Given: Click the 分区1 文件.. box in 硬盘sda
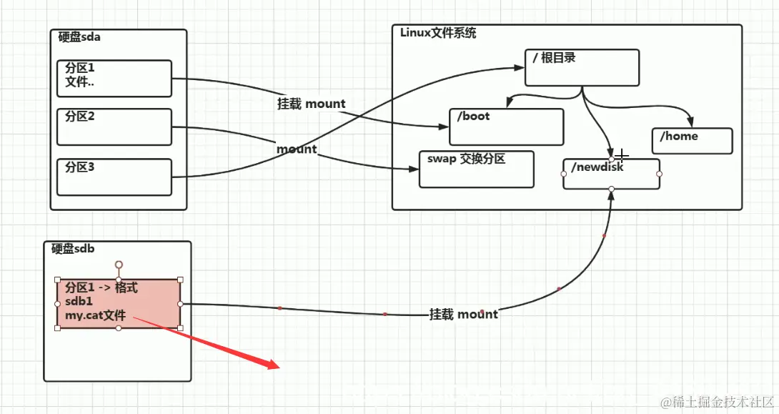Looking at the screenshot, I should [114, 78].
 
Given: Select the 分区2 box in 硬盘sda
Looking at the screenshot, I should [114, 127].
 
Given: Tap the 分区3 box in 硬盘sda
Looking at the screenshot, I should [114, 177].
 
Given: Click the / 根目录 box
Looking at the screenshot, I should [581, 67].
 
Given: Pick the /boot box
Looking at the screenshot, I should [506, 127].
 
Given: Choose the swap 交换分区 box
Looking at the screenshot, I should [476, 169].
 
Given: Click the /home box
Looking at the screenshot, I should [692, 141].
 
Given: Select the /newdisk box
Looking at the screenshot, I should [611, 174].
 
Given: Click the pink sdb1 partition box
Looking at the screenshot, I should [118, 303].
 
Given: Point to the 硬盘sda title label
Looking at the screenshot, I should [79, 37].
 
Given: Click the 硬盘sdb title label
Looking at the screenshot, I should [73, 249].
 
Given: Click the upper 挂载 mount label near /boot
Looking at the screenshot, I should [311, 104].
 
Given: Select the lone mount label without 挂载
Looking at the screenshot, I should [297, 149].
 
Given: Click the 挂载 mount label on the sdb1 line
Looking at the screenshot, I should [463, 314].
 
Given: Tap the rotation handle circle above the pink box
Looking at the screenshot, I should [119, 265].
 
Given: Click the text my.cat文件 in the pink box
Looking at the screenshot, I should [95, 315].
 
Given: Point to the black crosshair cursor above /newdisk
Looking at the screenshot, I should [623, 154].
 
